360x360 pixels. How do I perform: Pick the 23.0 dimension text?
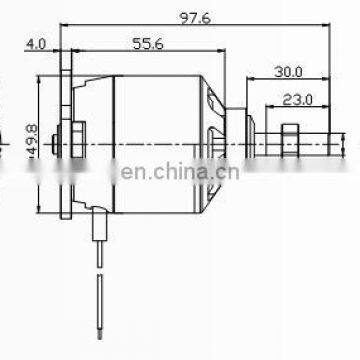(x=298, y=99)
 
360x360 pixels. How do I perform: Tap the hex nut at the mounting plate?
(x=77, y=136)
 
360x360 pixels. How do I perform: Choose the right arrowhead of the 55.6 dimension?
(x=201, y=50)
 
